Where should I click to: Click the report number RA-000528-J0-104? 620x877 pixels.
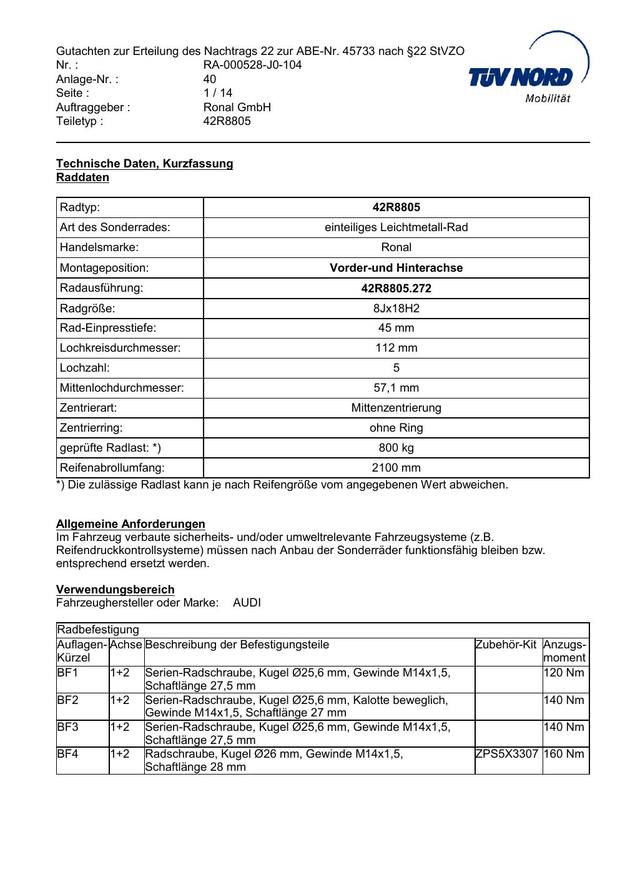(x=252, y=65)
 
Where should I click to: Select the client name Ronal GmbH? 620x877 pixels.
(x=237, y=107)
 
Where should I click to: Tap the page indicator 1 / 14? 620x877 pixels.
(x=218, y=93)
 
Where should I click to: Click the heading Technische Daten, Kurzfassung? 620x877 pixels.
(x=144, y=164)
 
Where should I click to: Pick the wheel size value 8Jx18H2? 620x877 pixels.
(x=396, y=308)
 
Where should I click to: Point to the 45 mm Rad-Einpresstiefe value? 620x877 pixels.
(x=396, y=328)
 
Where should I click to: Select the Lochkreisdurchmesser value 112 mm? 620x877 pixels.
(x=396, y=348)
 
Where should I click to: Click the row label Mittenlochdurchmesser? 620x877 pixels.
(x=122, y=388)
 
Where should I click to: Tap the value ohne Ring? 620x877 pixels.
(x=396, y=428)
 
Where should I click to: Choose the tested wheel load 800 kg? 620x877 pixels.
(x=396, y=448)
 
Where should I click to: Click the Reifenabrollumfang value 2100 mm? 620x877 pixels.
(x=396, y=468)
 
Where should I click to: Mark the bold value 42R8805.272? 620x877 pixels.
(x=396, y=288)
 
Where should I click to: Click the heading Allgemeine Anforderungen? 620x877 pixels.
(x=130, y=524)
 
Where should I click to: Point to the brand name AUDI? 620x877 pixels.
(x=247, y=603)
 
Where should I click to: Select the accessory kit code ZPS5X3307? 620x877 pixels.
(x=506, y=754)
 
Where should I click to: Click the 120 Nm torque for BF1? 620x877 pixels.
(x=564, y=673)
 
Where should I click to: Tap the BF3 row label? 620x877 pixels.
(x=67, y=727)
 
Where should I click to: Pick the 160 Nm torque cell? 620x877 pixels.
(x=564, y=754)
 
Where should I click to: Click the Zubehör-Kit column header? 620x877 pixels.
(x=506, y=645)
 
